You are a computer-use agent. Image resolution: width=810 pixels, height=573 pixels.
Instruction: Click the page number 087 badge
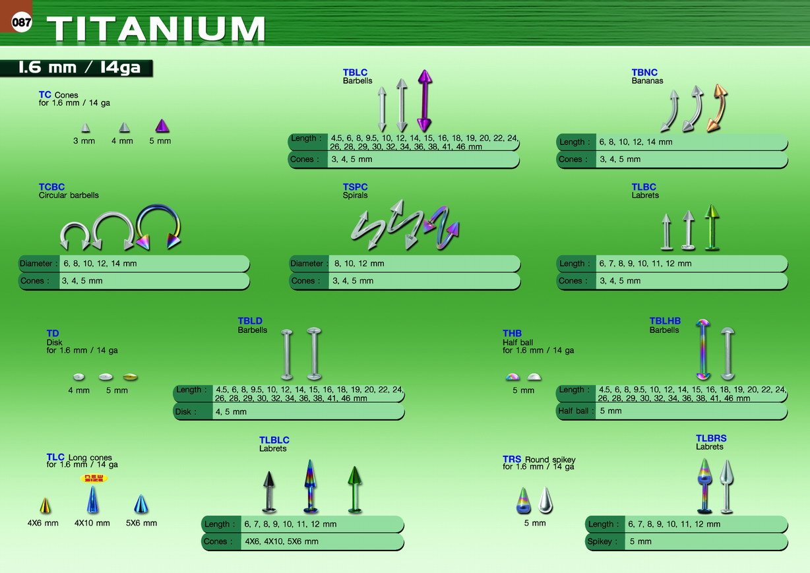point(21,22)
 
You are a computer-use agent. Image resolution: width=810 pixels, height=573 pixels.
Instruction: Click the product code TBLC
point(355,73)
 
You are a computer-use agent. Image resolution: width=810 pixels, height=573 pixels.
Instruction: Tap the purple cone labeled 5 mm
point(162,125)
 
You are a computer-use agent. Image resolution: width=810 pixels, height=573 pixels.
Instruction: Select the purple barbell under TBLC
point(425,100)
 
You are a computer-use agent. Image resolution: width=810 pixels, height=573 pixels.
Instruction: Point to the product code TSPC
point(355,187)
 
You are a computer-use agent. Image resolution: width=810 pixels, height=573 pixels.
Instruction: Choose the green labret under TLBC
point(712,227)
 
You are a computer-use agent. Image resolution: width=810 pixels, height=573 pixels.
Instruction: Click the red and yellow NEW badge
point(94,478)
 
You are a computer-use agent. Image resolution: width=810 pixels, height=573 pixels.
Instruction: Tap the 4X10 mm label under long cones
point(92,523)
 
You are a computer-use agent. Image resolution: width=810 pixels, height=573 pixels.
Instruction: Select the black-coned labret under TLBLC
point(268,492)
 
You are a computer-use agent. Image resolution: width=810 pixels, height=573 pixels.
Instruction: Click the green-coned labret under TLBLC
point(354,490)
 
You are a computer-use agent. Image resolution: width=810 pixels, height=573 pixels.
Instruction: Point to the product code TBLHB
point(665,320)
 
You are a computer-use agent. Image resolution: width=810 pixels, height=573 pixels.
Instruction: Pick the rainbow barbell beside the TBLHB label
point(703,349)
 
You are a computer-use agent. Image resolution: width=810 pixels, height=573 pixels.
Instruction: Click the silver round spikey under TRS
point(545,500)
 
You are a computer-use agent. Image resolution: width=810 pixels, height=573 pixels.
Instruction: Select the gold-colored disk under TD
point(130,377)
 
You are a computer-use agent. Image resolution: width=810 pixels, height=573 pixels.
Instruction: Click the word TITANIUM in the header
point(156,28)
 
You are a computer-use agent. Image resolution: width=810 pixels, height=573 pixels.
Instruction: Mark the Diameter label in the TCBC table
point(38,264)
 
